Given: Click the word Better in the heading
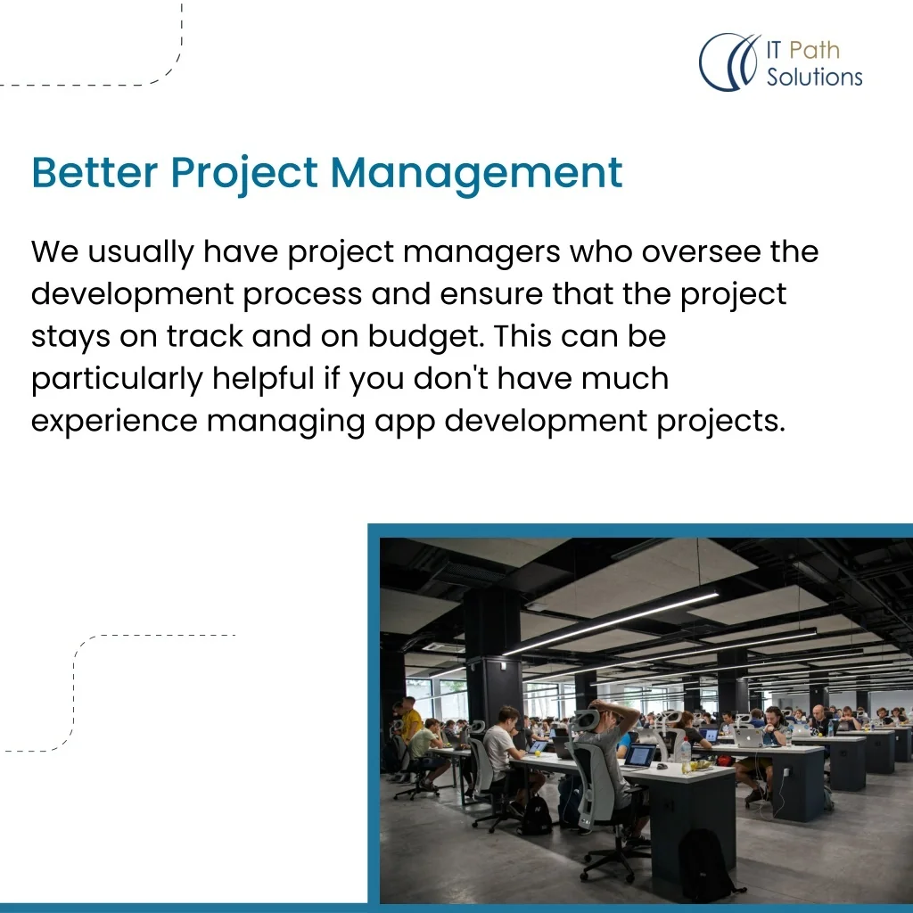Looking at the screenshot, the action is (95, 172).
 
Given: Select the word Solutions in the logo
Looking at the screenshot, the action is (814, 77).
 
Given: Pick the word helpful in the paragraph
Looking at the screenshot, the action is (263, 378).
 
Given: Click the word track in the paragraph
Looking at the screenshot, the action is (204, 336).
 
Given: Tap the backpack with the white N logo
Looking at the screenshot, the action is (536, 814).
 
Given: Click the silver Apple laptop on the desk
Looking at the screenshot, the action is (748, 737).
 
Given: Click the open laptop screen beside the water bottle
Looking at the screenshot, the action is (640, 755).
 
